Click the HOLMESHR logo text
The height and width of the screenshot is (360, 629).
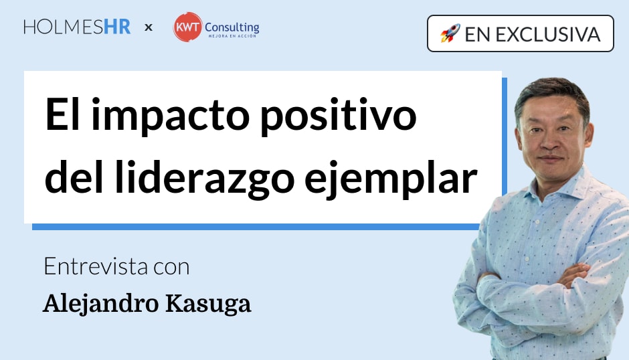click(77, 27)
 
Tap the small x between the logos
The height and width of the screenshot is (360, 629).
click(149, 27)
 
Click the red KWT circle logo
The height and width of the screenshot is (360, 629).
click(187, 27)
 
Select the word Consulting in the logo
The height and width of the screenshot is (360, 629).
click(232, 27)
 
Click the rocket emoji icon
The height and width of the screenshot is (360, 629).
click(450, 33)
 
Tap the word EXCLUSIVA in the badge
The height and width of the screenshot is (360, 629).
click(548, 35)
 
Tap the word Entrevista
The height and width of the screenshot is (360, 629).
click(96, 266)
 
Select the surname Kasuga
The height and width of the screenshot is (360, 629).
click(209, 304)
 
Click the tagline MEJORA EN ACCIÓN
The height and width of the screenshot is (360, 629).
click(232, 36)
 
